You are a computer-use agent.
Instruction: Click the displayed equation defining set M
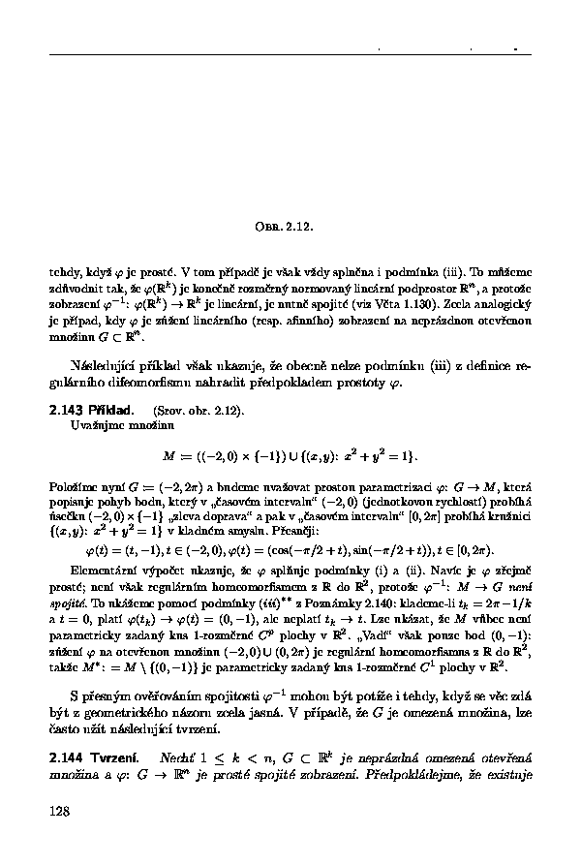coord(290,453)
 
